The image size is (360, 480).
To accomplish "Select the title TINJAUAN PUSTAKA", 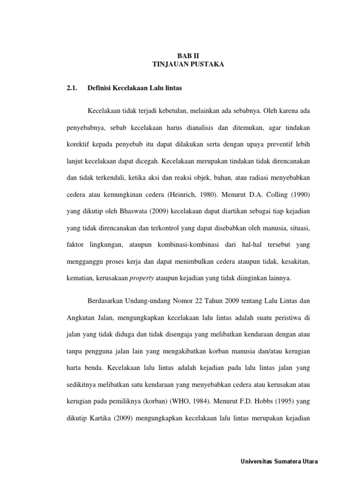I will pos(188,64).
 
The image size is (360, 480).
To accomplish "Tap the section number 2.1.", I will pos(72,88).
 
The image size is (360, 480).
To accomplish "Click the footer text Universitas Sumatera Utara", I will pos(278,462).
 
